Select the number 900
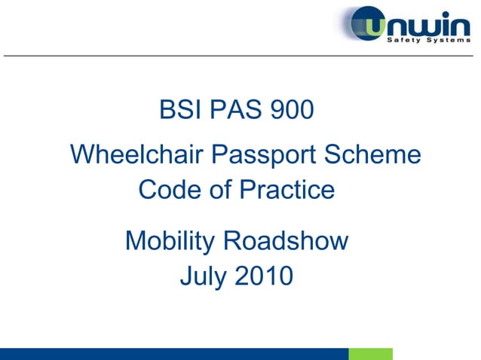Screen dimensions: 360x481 pos(287,111)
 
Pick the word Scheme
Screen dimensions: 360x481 pos(372,156)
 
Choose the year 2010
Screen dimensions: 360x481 pos(263,276)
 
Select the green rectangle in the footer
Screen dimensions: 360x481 pos(370,354)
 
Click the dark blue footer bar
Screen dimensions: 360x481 pos(173,354)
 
